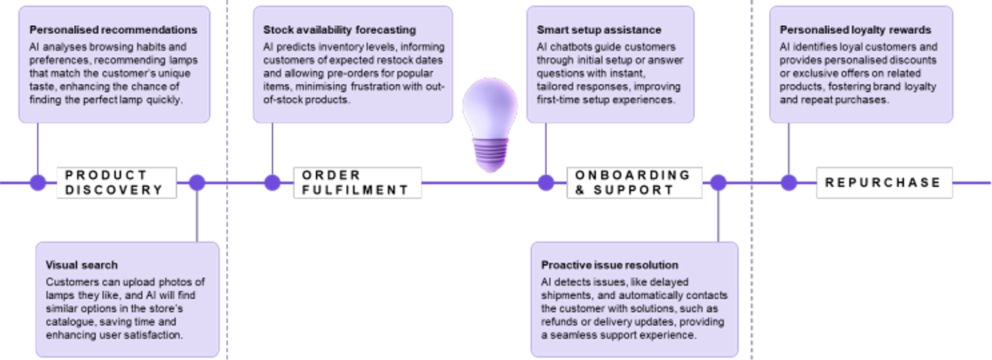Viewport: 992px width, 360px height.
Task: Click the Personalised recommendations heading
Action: click(x=113, y=30)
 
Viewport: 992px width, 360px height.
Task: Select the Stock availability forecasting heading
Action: click(x=339, y=30)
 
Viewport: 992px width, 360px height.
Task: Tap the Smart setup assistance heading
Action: click(x=599, y=30)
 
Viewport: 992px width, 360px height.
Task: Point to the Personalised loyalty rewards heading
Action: click(x=855, y=30)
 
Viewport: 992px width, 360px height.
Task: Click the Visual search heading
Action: click(x=82, y=265)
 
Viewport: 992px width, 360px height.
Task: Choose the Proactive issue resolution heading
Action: click(x=610, y=265)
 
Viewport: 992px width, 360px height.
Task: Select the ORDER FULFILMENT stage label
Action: click(x=357, y=182)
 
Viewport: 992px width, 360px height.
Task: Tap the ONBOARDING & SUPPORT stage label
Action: click(x=634, y=182)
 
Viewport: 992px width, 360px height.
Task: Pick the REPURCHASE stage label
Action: click(x=884, y=182)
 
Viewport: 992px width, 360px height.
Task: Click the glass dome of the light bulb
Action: click(x=490, y=106)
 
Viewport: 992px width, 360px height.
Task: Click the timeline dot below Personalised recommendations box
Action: click(x=38, y=182)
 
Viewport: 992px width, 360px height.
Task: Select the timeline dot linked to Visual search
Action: click(x=197, y=182)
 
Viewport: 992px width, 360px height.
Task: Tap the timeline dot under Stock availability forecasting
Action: click(x=272, y=182)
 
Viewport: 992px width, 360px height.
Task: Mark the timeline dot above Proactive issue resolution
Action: click(x=718, y=182)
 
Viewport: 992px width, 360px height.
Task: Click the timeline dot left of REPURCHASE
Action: click(x=788, y=182)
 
